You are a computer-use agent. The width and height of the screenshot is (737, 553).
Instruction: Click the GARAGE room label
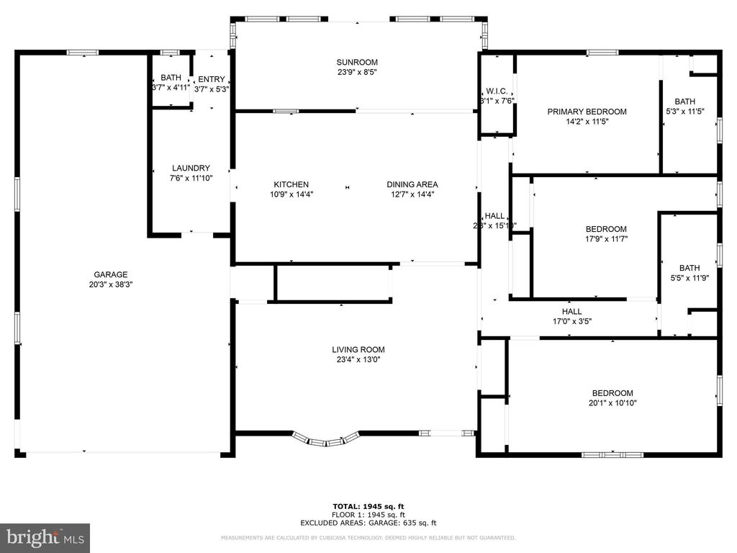click(110, 274)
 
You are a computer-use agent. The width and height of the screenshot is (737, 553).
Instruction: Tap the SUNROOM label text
click(357, 63)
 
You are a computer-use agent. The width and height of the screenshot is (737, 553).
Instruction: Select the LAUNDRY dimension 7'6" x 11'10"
click(191, 178)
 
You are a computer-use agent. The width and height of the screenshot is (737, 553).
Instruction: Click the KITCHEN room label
click(291, 184)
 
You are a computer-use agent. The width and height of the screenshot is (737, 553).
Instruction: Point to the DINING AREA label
click(412, 184)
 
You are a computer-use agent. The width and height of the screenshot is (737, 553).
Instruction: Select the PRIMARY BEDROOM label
click(587, 112)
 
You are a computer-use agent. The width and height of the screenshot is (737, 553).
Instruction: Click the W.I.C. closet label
click(497, 91)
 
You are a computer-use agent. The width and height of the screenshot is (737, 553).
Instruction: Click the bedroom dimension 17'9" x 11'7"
click(606, 239)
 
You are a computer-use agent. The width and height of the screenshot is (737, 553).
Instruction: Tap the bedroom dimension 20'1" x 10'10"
click(612, 403)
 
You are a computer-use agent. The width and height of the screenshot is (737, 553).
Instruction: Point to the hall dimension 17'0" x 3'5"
click(571, 322)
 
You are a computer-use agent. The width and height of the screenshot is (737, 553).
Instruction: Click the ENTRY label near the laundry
click(212, 79)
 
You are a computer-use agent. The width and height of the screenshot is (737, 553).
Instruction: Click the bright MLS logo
click(45, 537)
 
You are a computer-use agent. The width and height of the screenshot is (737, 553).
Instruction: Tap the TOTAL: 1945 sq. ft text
click(368, 507)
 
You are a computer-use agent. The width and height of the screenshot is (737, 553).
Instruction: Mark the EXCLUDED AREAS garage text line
click(368, 523)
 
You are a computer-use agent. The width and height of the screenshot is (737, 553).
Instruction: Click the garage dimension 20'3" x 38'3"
click(110, 284)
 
